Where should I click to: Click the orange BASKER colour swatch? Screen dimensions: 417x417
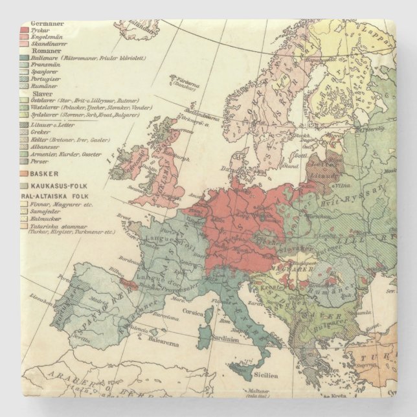pyautogui.click(x=25, y=174)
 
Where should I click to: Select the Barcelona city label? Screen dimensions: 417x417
pyautogui.click(x=162, y=318)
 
